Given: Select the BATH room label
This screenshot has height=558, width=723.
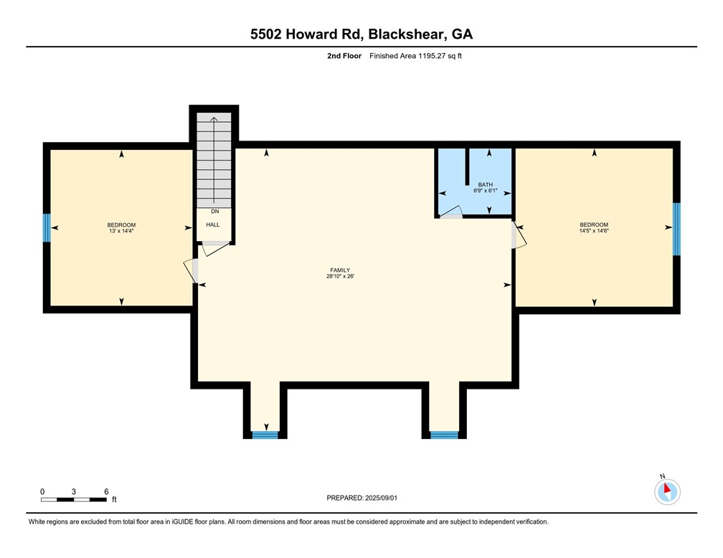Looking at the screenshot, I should (486, 185).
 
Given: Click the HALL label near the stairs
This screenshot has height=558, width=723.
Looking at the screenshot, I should (213, 224).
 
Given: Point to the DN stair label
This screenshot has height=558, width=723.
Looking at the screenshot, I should (214, 212).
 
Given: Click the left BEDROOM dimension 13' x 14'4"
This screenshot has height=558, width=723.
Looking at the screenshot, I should (121, 230).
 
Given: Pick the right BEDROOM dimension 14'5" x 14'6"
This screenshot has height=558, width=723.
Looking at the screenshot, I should (594, 230).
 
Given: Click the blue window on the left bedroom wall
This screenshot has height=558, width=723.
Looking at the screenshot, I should (47, 228).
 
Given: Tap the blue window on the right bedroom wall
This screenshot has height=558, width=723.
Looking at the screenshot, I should (676, 229).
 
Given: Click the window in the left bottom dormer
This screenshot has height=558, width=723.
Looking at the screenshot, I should (265, 435).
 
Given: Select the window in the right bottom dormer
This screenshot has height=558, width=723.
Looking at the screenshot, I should (443, 435).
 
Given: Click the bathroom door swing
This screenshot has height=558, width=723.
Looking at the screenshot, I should (450, 212).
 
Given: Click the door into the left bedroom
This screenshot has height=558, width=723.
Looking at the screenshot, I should (192, 269).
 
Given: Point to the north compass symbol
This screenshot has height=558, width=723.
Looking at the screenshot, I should (667, 491).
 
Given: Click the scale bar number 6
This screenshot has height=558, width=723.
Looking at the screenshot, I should (106, 491).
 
